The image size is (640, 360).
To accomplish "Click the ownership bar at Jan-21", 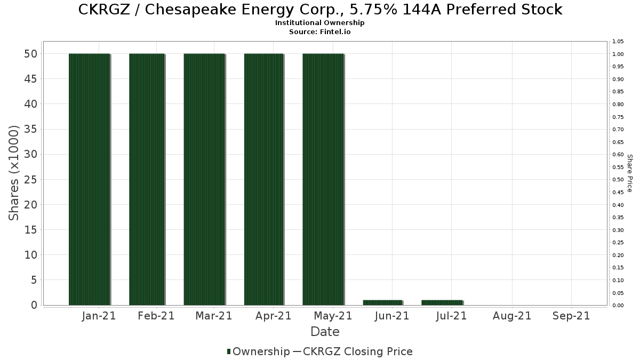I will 89,179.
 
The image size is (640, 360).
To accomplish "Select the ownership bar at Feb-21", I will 147,179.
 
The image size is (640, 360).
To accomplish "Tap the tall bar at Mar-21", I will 204,179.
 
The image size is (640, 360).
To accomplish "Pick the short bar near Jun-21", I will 382,302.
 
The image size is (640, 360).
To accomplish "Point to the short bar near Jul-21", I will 442,302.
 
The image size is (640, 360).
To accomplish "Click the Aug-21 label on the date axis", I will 512,316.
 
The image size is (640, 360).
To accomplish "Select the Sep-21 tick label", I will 571,316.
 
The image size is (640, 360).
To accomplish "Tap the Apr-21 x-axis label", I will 273,316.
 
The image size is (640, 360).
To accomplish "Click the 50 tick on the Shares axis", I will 30,54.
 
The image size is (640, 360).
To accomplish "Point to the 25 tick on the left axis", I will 30,180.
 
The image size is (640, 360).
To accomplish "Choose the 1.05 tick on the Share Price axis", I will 618,42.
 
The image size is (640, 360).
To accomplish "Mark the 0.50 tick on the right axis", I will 618,180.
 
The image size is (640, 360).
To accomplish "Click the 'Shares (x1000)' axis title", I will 14,173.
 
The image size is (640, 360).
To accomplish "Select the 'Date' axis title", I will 325,332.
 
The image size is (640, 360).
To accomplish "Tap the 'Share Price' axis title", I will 629,173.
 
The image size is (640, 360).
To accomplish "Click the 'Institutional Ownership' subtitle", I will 320,23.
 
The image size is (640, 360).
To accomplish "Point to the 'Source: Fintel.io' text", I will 320,31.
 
